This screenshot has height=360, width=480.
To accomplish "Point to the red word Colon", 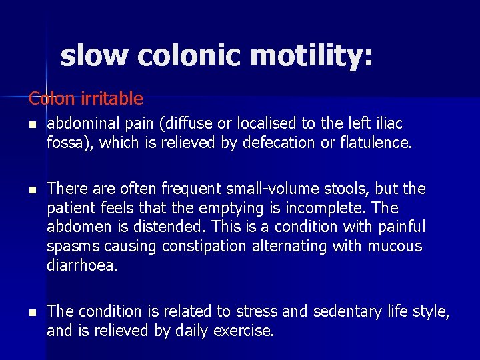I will (52, 99).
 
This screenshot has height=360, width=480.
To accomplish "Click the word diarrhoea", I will (82, 265).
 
